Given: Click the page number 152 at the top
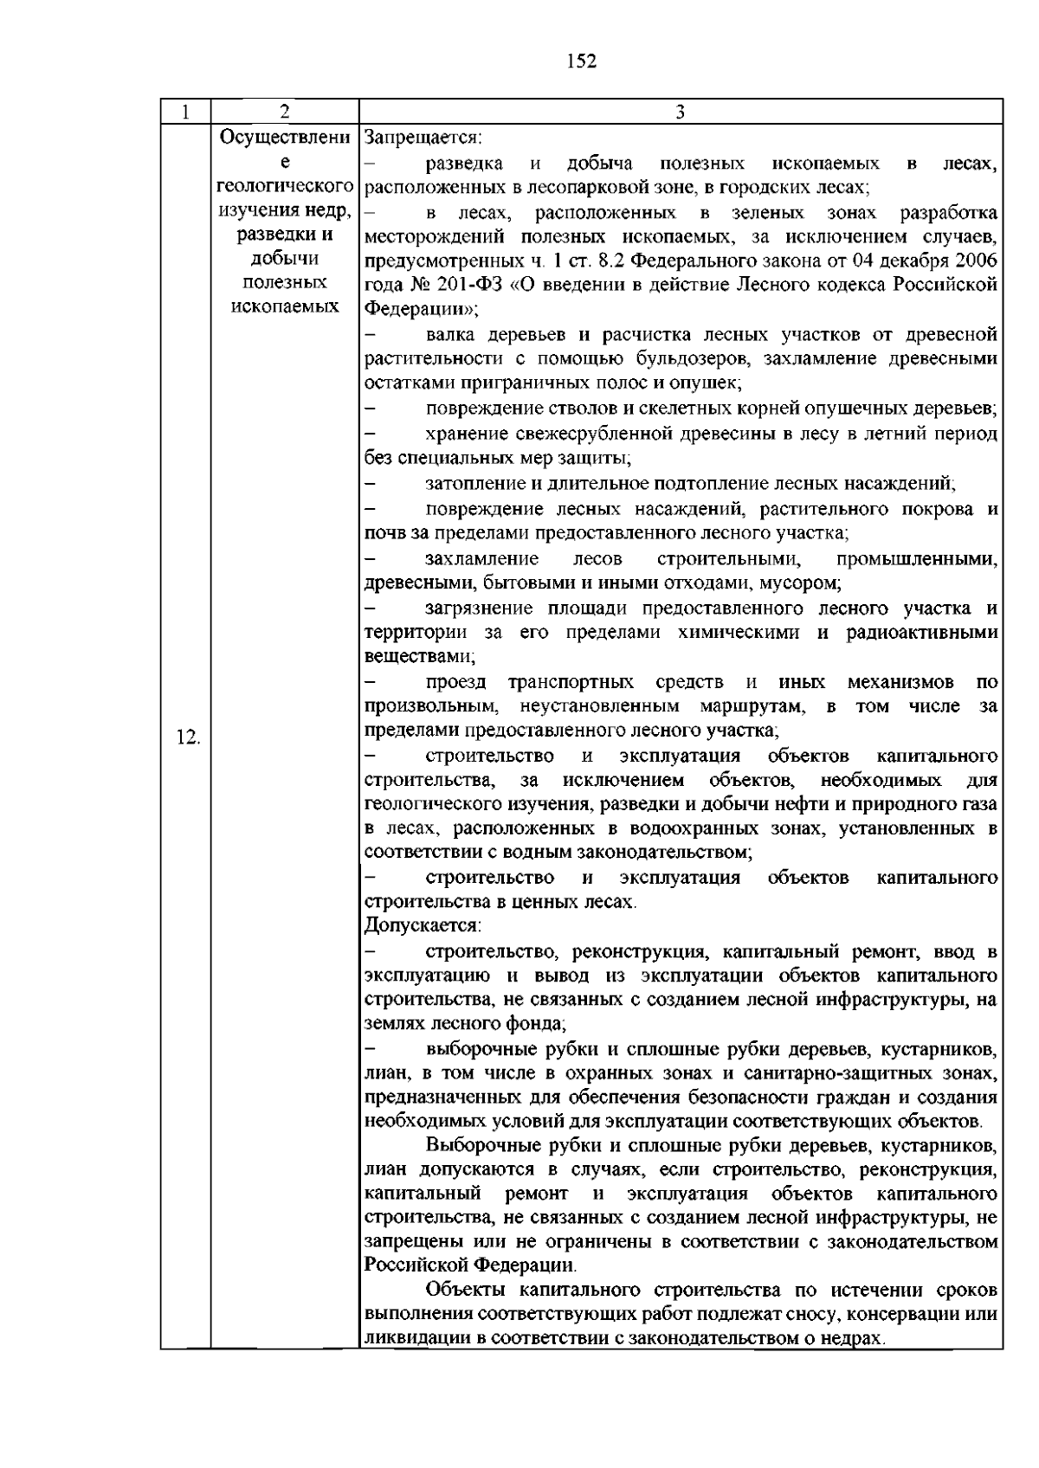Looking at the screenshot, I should pyautogui.click(x=582, y=61).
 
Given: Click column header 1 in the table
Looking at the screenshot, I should pyautogui.click(x=186, y=112).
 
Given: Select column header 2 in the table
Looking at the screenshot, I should pyautogui.click(x=285, y=112).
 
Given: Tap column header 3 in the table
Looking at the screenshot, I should pyautogui.click(x=681, y=112).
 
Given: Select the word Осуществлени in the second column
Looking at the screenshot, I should pyautogui.click(x=286, y=138).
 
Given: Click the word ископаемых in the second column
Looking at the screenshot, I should pyautogui.click(x=286, y=306).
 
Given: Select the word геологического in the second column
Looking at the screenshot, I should pyautogui.click(x=286, y=186).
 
